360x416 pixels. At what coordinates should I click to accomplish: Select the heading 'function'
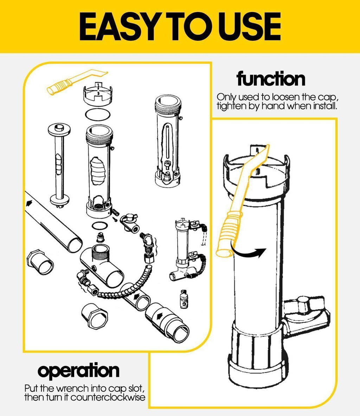tap(271, 78)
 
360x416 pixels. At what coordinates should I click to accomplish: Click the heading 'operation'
tap(78, 371)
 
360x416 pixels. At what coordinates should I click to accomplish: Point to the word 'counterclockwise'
tap(108, 397)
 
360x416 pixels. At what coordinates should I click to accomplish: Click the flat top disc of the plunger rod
tap(59, 130)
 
